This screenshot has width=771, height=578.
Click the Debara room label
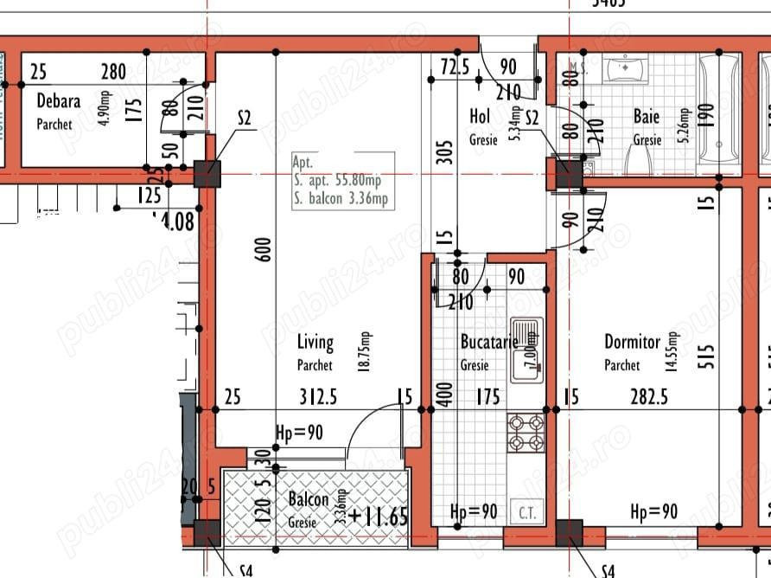59,102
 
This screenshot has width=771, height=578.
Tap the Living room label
315,344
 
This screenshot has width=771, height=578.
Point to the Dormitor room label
632,343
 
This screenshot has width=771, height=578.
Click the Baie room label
647,116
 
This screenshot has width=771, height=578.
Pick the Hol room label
480,116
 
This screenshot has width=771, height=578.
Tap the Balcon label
308,500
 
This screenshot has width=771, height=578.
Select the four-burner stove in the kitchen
526,433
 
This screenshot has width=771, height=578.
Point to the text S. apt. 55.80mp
336,181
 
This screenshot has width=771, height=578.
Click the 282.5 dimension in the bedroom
652,397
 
